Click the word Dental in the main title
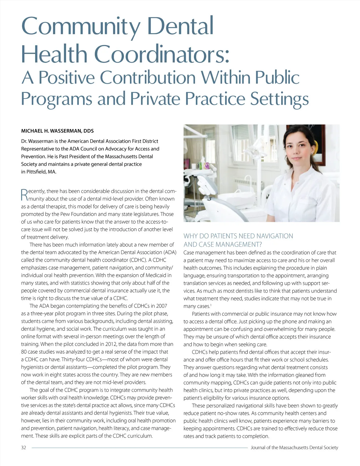coord(180,26)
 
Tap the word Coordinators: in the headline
coord(162,54)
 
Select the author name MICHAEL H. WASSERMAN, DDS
coord(57,131)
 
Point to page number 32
coord(24,447)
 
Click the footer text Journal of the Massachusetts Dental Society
coord(294,447)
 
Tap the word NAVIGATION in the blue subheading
coord(271,236)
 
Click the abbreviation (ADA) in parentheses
coord(170,252)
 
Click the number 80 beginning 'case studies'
coord(24,352)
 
